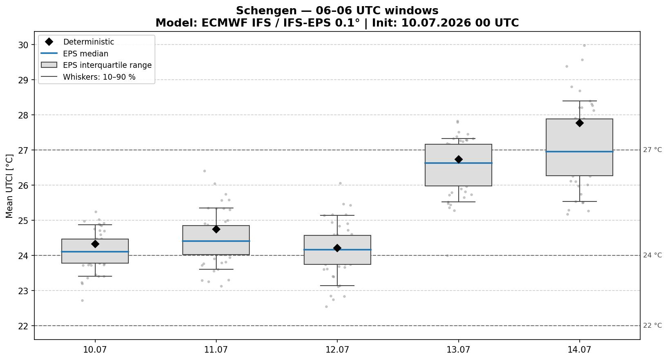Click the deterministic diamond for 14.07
point(579,123)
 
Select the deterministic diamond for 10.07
point(95,244)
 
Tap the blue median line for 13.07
point(458,163)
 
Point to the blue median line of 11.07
point(216,241)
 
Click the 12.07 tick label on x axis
point(337,349)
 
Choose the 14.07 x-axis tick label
point(579,349)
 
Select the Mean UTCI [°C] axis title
point(9,186)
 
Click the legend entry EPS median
point(85,54)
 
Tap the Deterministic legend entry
point(89,42)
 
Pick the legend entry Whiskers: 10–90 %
point(99,77)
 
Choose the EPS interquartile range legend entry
point(108,65)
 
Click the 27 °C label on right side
point(652,150)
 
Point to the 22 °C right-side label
point(652,325)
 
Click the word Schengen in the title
point(266,11)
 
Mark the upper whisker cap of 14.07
point(579,101)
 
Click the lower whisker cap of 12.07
point(337,286)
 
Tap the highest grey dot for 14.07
point(584,46)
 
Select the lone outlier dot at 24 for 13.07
point(447,255)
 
